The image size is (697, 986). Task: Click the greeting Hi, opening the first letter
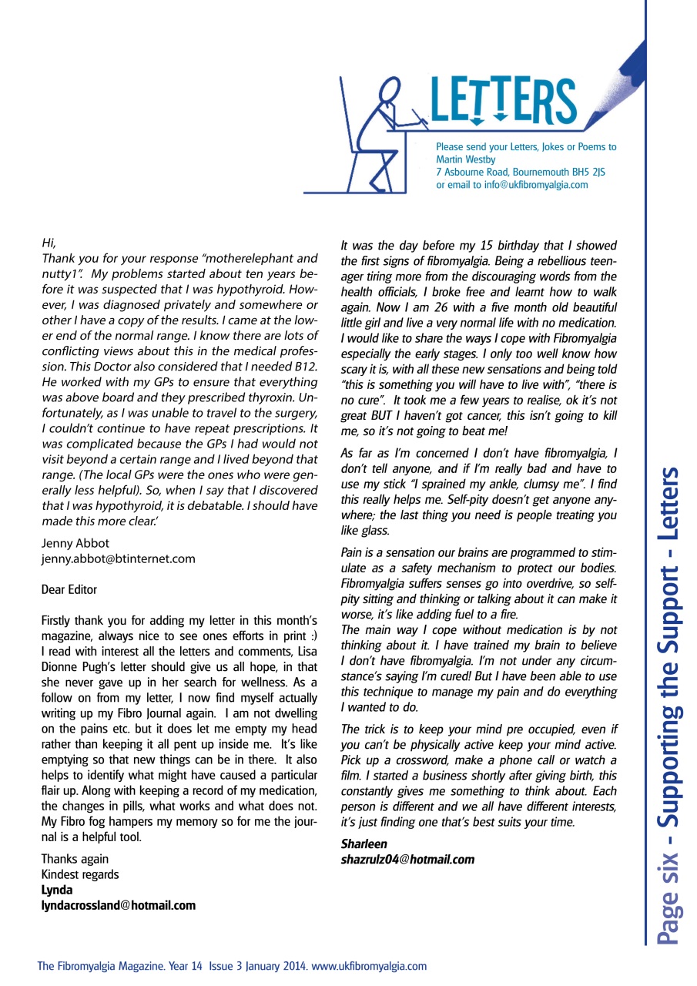coord(49,243)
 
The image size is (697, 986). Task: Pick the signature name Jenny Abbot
coord(75,543)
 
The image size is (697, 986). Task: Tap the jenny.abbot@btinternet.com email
coord(118,558)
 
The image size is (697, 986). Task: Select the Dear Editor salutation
coord(69,590)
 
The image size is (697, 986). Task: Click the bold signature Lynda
coord(57,890)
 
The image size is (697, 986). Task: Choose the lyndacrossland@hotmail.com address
coord(118,905)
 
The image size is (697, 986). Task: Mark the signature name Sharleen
coord(364,843)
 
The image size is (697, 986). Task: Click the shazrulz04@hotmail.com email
coord(407,859)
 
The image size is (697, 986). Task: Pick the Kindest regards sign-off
coord(80,874)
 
